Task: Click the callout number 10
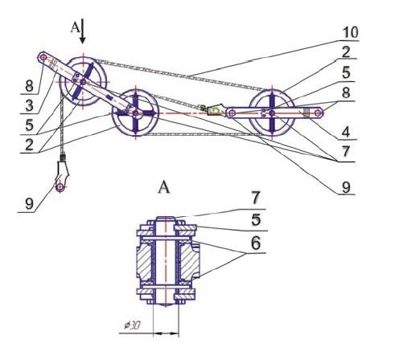351,32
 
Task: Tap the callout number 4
346,132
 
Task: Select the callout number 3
29,105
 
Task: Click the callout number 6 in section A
255,243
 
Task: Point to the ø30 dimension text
132,325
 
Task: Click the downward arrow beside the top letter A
83,31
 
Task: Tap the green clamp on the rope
215,109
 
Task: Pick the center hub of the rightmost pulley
272,113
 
